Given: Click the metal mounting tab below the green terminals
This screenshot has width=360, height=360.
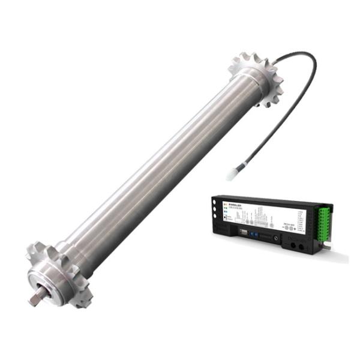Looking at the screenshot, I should [328, 246].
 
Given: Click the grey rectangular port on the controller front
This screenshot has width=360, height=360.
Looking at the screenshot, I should [239, 235].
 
